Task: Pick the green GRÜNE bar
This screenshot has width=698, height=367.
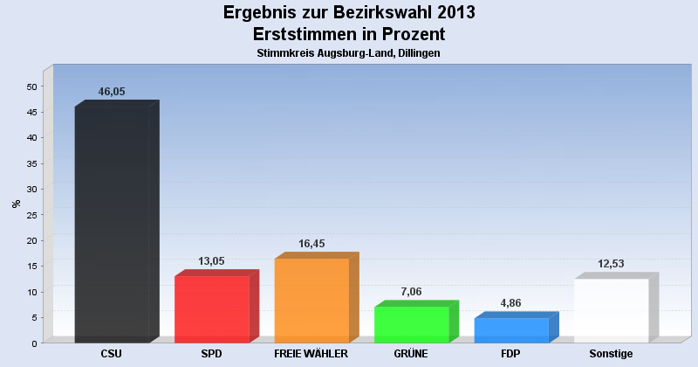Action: [x=411, y=324]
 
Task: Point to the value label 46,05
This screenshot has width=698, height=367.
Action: [x=112, y=92]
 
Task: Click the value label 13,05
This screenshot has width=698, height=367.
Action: [x=212, y=260]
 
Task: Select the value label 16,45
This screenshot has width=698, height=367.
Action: [x=311, y=244]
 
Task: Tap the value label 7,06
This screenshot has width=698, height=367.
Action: [x=411, y=292]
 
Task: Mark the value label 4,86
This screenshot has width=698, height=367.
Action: [x=511, y=303]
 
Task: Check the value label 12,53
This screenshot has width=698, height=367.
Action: [x=611, y=264]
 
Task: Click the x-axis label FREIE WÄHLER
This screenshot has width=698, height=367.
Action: [x=311, y=354]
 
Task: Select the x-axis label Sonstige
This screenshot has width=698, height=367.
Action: [x=611, y=354]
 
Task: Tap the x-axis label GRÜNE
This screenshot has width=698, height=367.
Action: [x=411, y=354]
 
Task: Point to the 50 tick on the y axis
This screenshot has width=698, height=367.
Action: [x=31, y=87]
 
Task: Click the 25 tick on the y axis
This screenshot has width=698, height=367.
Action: [x=31, y=215]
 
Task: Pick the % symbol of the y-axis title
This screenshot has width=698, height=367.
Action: [x=16, y=204]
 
